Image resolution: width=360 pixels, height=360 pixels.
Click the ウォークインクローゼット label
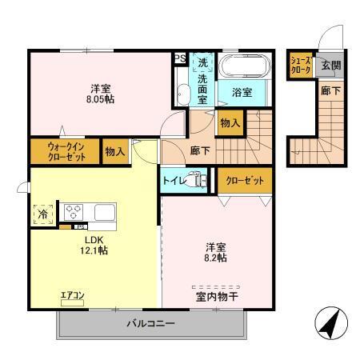point(66,151)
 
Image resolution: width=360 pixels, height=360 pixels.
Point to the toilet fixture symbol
point(195,181)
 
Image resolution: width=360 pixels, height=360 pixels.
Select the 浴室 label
point(242,92)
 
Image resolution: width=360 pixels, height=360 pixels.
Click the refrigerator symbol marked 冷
point(42,214)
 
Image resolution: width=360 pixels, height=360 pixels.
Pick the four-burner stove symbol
point(74,212)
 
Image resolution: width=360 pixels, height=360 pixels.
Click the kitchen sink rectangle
point(106,212)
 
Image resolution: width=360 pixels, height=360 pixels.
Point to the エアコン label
point(73,295)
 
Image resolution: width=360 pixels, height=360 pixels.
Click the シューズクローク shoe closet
point(301,66)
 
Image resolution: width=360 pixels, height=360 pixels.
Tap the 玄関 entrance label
point(330,66)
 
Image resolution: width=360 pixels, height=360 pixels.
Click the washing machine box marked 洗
point(202,62)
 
